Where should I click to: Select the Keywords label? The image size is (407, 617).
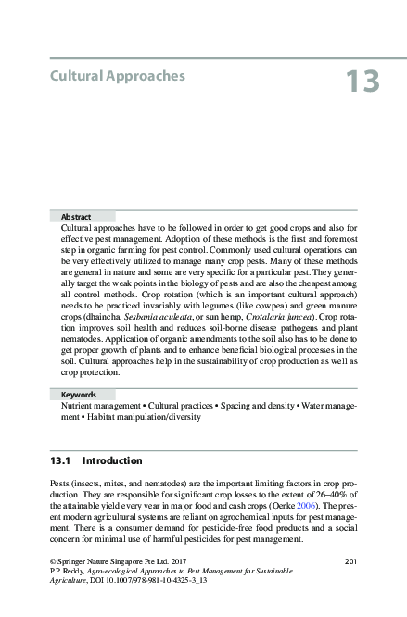[80, 394]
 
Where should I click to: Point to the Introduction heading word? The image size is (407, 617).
[112, 460]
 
